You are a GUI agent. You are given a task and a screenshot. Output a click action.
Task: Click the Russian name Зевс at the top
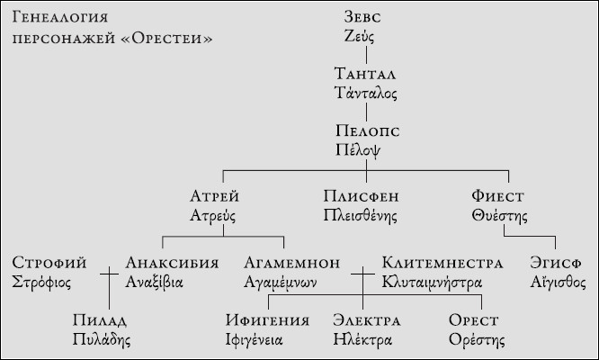tap(362, 17)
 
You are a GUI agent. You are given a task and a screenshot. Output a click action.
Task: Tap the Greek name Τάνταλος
tap(365, 93)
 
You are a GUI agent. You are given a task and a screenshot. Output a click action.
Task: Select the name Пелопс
tap(368, 130)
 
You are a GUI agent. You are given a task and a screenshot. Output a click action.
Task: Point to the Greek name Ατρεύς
tap(213, 216)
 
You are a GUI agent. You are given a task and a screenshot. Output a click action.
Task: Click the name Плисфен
tap(361, 196)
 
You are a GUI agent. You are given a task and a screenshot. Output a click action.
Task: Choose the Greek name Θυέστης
tap(499, 216)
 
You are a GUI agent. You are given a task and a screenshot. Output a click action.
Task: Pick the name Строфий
tap(49, 263)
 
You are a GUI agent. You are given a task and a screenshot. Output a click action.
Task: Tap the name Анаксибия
tap(172, 263)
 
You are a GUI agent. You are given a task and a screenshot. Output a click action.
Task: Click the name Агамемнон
tap(292, 263)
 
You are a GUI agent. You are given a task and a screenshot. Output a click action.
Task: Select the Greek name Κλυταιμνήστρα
tap(432, 283)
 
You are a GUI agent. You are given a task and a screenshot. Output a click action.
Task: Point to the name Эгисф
tap(556, 263)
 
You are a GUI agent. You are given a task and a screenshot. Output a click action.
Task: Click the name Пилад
tap(100, 320)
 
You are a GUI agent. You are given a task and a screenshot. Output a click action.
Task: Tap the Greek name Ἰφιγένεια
tap(254, 339)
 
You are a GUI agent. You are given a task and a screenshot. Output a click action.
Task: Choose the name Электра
tap(367, 320)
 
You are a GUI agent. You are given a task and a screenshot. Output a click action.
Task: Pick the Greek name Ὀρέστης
tap(477, 339)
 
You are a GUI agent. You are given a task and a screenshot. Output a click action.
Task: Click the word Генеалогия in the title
tap(60, 17)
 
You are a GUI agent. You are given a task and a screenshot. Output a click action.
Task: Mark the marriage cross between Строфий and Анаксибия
tap(109, 274)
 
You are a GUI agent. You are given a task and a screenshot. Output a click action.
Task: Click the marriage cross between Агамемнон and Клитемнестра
tap(363, 274)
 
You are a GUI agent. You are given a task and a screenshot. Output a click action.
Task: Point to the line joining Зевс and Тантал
tap(366, 55)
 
